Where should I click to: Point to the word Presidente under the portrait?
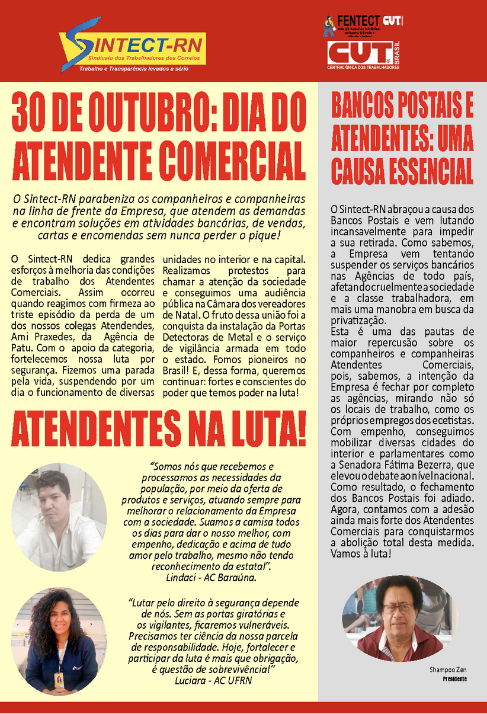click(454, 678)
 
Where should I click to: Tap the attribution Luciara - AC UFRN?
click(213, 680)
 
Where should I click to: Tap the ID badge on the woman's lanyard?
click(59, 679)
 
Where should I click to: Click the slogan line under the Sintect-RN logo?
click(134, 69)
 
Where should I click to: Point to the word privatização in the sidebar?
click(358, 320)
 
